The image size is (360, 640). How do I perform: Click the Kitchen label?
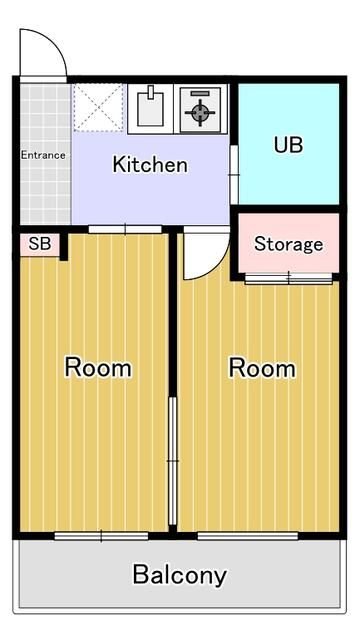click(150, 164)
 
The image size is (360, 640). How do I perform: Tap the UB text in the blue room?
click(289, 143)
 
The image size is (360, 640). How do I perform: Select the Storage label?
click(288, 244)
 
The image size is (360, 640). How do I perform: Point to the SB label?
click(39, 243)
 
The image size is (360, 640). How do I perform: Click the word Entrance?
click(43, 155)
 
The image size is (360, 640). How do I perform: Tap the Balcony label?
click(180, 575)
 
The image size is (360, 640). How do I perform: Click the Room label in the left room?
click(98, 367)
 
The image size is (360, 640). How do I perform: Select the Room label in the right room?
click(262, 367)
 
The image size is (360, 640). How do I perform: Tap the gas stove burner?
click(201, 109)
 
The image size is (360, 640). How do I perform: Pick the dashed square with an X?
click(98, 108)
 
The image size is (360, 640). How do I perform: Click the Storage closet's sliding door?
click(288, 277)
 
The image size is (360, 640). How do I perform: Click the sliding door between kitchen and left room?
click(125, 230)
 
